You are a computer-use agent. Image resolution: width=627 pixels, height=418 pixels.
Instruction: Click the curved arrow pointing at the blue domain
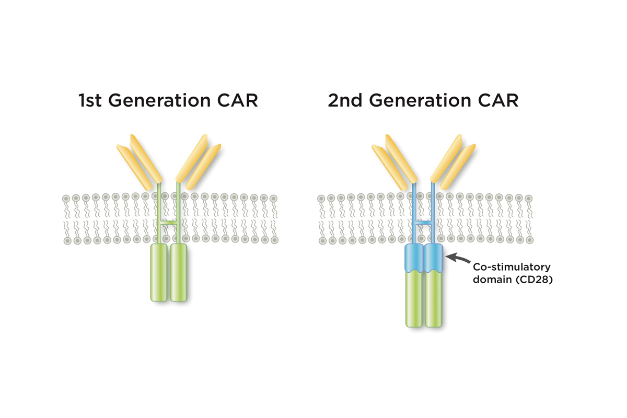pos(457,257)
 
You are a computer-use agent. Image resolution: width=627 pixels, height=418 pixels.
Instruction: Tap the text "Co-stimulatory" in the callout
pos(504,267)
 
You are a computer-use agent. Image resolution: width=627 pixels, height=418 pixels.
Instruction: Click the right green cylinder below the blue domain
pos(433,300)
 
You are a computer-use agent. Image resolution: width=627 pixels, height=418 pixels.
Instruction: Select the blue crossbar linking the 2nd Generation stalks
pos(424,224)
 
